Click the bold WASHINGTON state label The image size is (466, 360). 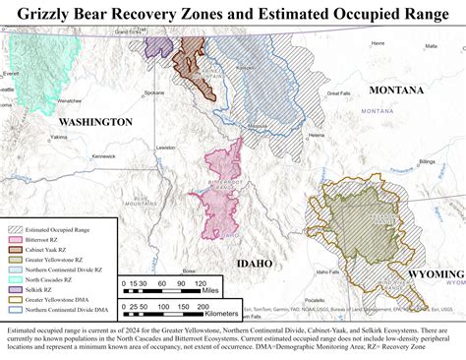94,121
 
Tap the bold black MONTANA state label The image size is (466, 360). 397,90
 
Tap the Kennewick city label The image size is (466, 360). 103,156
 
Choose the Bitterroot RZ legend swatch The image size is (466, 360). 16,239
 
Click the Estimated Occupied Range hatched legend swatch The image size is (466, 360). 16,228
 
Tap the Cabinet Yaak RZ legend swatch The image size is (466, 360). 16,249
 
